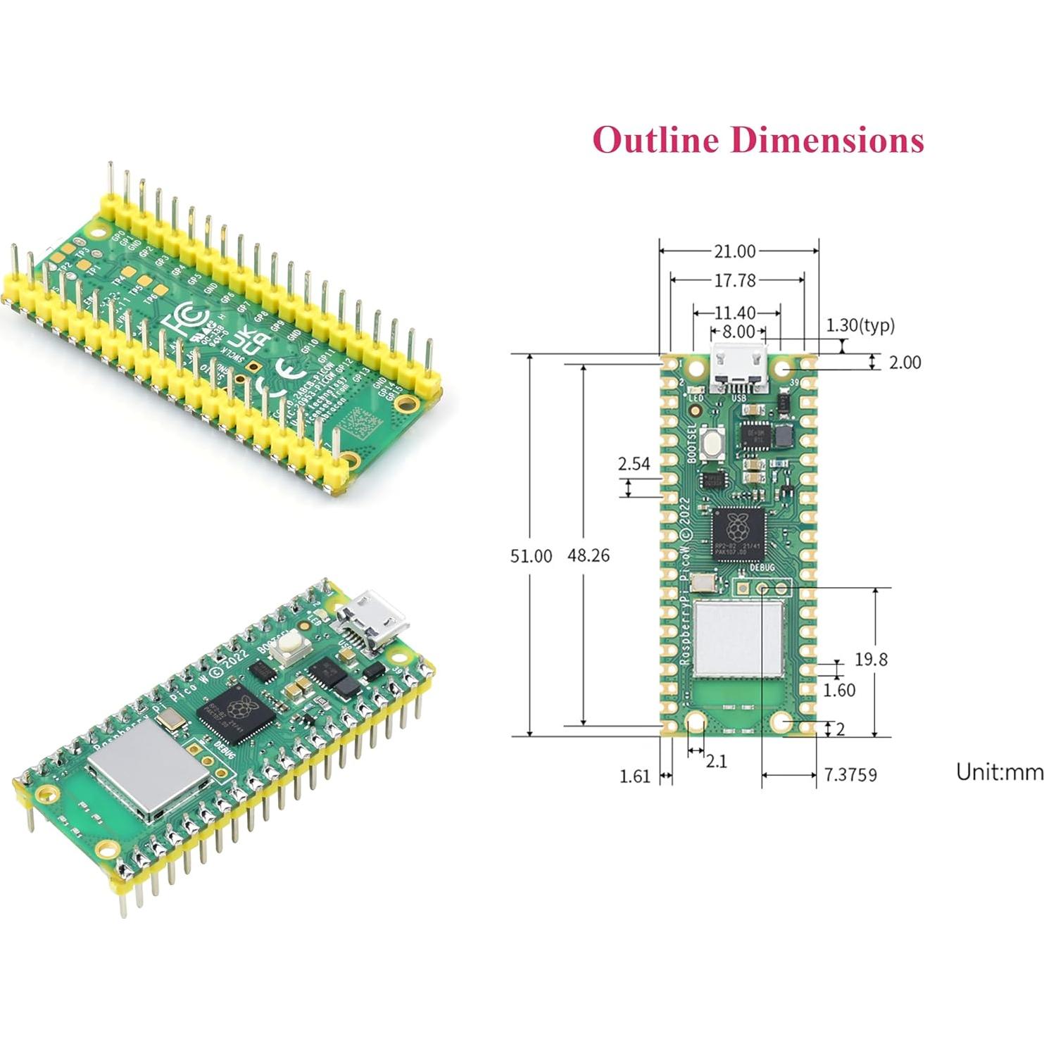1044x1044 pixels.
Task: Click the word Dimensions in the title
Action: click(x=826, y=139)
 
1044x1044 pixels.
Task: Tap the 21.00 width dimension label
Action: click(x=734, y=251)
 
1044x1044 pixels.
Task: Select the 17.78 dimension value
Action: click(x=734, y=281)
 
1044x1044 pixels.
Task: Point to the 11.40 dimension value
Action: click(x=735, y=313)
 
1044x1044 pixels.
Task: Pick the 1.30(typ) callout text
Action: click(x=860, y=325)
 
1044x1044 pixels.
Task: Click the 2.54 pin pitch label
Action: click(x=634, y=464)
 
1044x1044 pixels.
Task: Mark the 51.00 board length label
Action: click(x=531, y=556)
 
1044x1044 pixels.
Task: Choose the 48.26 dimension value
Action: click(x=589, y=555)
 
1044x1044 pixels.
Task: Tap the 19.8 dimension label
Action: click(x=871, y=660)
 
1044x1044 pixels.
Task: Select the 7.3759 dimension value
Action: click(x=850, y=775)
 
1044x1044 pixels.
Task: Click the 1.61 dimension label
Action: click(x=634, y=776)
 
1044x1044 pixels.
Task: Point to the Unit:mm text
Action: click(x=999, y=772)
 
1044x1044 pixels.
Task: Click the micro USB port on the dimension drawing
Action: click(x=738, y=370)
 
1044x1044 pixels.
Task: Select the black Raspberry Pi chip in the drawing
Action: click(x=737, y=534)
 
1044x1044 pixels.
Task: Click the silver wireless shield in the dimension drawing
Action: click(x=738, y=639)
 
